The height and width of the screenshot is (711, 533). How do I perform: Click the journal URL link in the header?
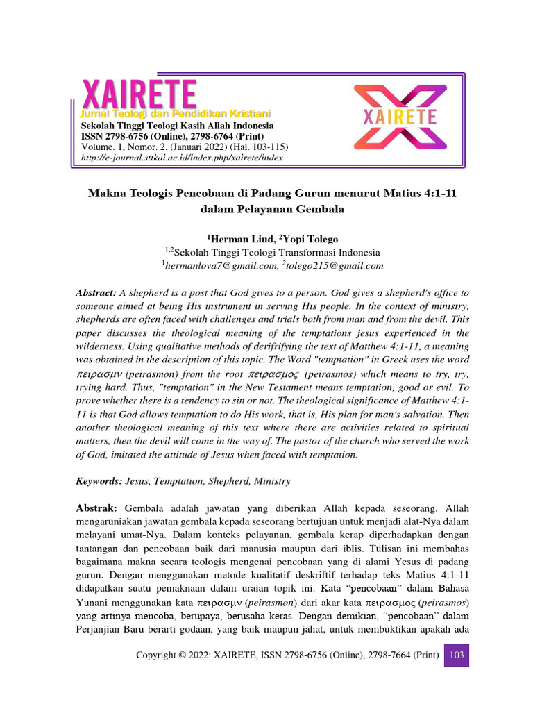[182, 158]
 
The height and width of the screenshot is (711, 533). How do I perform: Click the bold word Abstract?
[96, 294]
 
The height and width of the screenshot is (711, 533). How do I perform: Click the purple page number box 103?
[456, 655]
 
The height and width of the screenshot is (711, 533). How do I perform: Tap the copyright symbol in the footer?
[181, 655]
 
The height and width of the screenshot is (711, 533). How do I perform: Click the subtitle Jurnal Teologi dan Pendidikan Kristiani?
[176, 113]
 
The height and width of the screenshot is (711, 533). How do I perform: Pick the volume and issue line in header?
[185, 147]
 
